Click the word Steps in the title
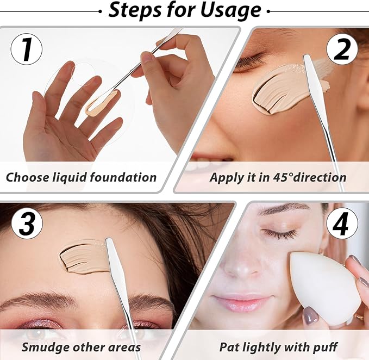click(134, 11)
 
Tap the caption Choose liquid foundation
click(82, 177)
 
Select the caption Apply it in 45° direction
click(278, 177)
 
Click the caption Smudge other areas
click(81, 346)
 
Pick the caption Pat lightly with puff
click(278, 346)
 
